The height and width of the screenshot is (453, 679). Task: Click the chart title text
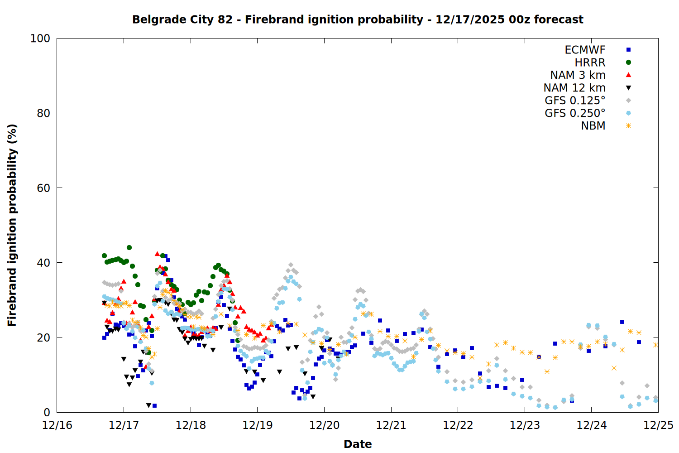358,19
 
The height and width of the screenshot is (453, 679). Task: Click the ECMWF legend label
585,50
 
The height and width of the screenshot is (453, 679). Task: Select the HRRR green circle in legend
628,63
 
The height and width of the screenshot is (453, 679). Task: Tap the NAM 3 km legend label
578,75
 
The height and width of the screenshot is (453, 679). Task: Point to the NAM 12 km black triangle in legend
628,88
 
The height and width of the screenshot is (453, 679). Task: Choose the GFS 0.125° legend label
575,101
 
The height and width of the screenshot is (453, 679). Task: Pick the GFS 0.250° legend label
575,113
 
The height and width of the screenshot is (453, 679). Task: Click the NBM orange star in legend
628,126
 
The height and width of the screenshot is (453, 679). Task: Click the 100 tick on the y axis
40,39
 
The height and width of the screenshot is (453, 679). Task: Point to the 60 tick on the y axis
43,188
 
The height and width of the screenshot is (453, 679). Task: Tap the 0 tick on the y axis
47,412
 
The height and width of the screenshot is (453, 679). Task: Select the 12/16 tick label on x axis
57,425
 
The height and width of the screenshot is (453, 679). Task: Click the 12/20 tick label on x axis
324,425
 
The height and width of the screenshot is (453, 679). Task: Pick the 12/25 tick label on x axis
658,425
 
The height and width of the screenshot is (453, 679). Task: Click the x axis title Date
358,444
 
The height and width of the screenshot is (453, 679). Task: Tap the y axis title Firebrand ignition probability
12,225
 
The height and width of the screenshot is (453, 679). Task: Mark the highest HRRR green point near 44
129,248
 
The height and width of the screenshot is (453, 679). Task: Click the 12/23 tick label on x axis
525,425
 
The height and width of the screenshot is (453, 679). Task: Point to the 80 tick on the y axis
43,113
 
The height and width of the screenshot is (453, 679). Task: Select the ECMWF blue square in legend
628,50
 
